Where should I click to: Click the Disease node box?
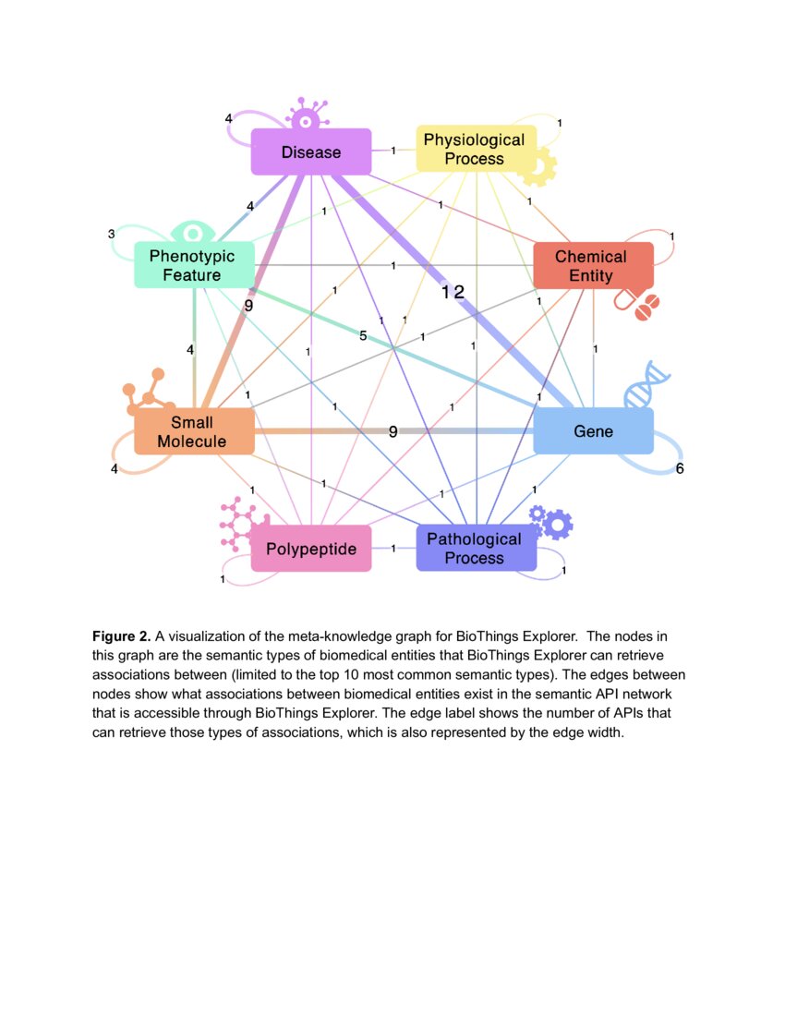(x=311, y=151)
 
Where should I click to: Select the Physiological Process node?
(x=474, y=149)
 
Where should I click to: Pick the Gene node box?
(x=593, y=431)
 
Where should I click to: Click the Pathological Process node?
(x=475, y=548)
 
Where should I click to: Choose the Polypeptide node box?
(x=311, y=549)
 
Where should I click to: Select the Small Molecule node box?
(x=193, y=431)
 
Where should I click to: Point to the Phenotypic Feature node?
(x=192, y=265)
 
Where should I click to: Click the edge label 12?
(x=453, y=292)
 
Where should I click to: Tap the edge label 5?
(x=363, y=336)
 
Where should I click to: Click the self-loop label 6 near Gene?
(x=680, y=469)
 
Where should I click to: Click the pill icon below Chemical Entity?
(x=639, y=305)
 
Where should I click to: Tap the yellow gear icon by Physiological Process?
(x=537, y=168)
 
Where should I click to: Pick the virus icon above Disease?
(x=307, y=115)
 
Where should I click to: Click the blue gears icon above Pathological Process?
(x=551, y=522)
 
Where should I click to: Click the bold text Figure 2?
(x=121, y=636)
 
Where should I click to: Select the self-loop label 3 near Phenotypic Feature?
(x=111, y=234)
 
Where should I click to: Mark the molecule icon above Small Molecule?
(x=148, y=393)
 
